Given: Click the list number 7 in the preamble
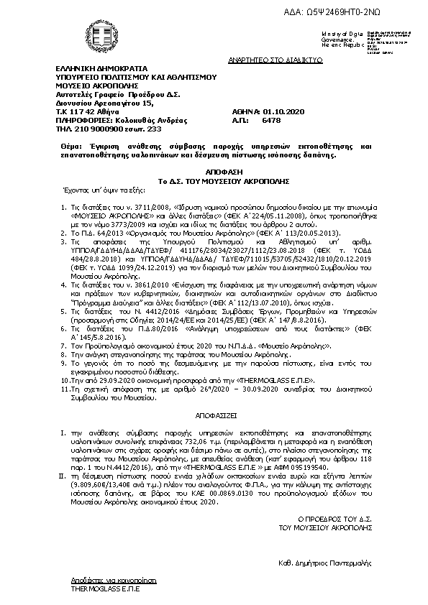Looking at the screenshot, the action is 63,346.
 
